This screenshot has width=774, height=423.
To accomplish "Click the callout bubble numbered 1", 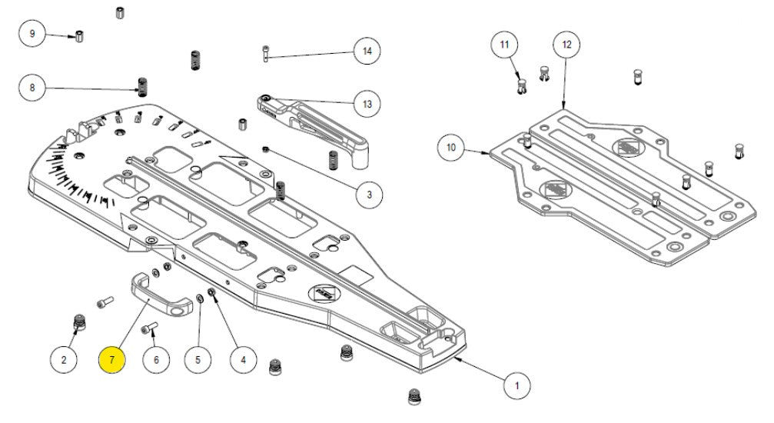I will pos(517,383).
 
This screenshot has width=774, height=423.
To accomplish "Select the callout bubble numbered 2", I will pos(65,358).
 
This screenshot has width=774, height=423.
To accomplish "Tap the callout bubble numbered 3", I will pos(369,195).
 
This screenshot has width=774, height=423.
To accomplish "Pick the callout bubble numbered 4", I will pos(244,358).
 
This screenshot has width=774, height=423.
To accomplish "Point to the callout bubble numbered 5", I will pos(198,358).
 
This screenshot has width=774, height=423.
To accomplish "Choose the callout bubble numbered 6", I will pos(156,358).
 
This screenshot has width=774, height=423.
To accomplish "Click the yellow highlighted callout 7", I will pos(112,358).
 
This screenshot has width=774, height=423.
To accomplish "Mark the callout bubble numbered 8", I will pos(32,88).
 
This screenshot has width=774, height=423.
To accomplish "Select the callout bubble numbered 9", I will pos(32,35).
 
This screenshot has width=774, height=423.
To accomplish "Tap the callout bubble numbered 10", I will pos(451,147).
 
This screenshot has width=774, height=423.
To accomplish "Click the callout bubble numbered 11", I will pos(504,45).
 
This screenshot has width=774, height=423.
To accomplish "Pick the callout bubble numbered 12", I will pos(566,45).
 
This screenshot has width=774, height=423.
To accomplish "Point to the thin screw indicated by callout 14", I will pos(265,53).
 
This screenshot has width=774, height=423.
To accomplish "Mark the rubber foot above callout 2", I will pos(78,325).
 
